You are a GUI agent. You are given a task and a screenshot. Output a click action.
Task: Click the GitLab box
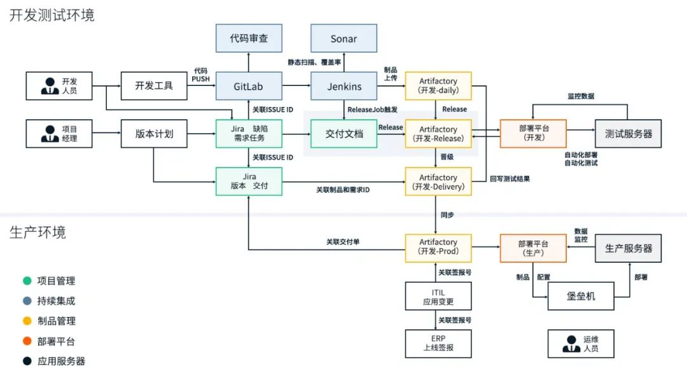coord(249,86)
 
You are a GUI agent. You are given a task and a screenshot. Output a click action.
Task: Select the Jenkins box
coord(343,86)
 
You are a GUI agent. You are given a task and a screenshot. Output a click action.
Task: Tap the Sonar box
coord(343,38)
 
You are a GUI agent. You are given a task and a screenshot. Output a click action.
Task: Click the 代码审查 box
coord(249,38)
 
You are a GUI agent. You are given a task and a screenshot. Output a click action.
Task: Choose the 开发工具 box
coord(154,86)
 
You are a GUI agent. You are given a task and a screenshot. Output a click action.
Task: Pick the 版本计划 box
coord(154,134)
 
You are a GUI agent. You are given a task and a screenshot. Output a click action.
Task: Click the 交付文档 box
coord(343,134)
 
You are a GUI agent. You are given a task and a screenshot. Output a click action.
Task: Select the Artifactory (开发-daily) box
coord(438,86)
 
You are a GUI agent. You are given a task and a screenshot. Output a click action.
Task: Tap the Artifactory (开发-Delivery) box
coord(438,181)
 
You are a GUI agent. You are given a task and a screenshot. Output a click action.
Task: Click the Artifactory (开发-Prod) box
coord(438,247)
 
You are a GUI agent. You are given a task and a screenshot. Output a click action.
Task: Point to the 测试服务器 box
coord(628,134)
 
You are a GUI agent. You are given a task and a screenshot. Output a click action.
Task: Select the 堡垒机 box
coord(581,296)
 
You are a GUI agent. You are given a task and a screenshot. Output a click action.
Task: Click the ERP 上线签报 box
coord(438,344)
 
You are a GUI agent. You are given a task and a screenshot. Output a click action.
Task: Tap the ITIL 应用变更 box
coord(438,296)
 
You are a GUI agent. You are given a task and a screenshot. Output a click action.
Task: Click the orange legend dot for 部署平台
coord(27,341)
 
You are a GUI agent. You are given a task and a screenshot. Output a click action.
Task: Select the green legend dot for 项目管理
coord(27,281)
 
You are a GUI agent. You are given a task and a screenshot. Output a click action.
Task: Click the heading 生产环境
coord(38,232)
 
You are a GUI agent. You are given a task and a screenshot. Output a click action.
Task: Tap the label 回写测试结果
coord(510,179)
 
